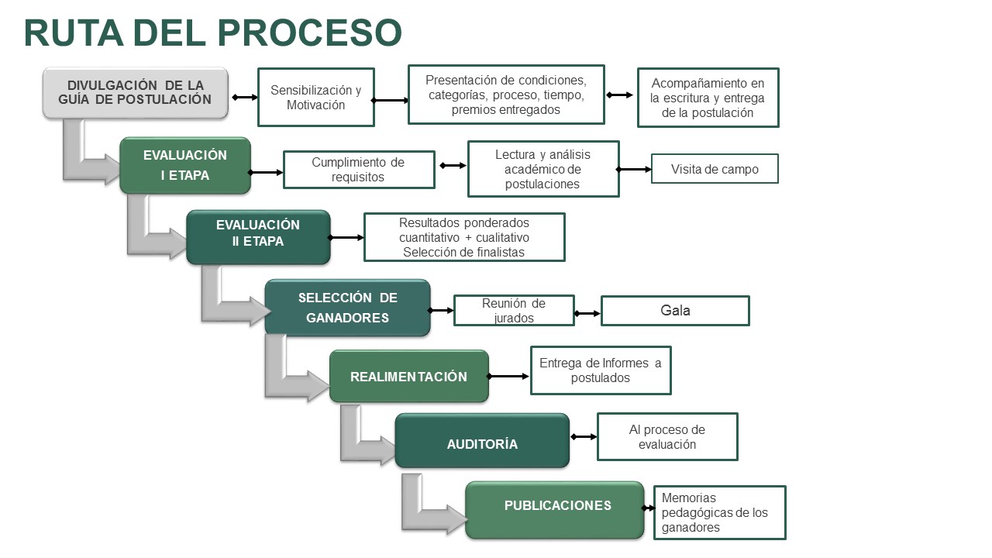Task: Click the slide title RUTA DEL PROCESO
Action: [213, 33]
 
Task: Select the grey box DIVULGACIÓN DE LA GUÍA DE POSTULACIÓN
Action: [136, 93]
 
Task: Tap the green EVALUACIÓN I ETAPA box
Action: [185, 165]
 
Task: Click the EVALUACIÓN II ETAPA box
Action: [258, 237]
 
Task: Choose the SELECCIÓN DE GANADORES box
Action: [347, 308]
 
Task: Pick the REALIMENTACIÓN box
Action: [408, 377]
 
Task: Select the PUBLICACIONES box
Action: [555, 509]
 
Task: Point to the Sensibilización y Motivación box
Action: [315, 97]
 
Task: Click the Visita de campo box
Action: [714, 169]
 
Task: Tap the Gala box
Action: [675, 311]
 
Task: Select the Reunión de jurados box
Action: [514, 310]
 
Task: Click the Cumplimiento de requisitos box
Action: [358, 170]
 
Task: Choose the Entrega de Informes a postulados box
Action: [600, 370]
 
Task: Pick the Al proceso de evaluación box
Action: [666, 437]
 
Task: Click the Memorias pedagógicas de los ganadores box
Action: [719, 512]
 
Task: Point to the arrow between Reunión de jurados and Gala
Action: [587, 314]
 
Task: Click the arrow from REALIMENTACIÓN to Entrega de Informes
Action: [509, 377]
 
